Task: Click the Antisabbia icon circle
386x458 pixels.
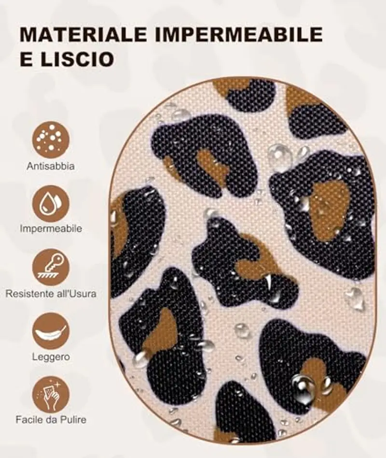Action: pyautogui.click(x=51, y=140)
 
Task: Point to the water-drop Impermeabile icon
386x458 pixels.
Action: pyautogui.click(x=51, y=203)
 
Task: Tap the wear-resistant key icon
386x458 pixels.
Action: pyautogui.click(x=51, y=267)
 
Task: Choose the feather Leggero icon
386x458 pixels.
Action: pyautogui.click(x=51, y=331)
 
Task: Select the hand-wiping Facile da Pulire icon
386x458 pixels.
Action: pyautogui.click(x=51, y=394)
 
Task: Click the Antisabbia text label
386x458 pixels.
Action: pyautogui.click(x=51, y=167)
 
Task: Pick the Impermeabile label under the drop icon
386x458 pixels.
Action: pyautogui.click(x=51, y=229)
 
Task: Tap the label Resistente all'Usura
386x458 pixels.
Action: pyautogui.click(x=51, y=293)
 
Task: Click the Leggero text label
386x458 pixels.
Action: pyautogui.click(x=51, y=358)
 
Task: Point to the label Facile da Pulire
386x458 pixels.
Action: pyautogui.click(x=51, y=419)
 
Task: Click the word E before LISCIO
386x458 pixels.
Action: pyautogui.click(x=26, y=59)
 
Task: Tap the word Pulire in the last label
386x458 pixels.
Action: pyautogui.click(x=73, y=419)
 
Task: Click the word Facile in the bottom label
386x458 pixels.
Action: pyautogui.click(x=25, y=419)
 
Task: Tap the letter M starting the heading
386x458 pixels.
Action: pyautogui.click(x=28, y=35)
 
